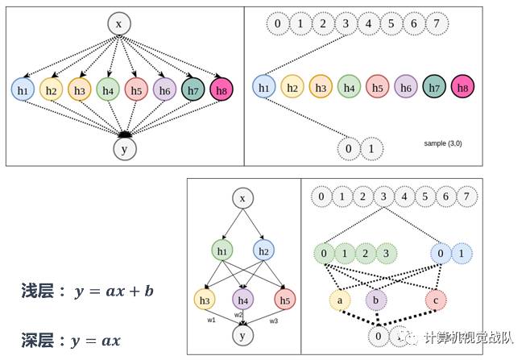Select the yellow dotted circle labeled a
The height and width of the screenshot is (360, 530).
coord(340,300)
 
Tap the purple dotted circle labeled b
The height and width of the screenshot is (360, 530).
coord(375,300)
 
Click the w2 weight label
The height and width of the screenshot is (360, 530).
coord(238,315)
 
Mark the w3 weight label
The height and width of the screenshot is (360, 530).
coord(273,321)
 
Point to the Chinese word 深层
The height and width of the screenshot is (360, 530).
coord(36,340)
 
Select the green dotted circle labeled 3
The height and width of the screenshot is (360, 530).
coord(387,253)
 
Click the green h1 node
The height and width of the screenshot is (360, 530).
coord(222,251)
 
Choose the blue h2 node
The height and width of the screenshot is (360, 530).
coord(262,251)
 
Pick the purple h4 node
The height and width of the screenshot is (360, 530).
coord(243,300)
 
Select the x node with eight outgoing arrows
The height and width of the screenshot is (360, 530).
coord(119,24)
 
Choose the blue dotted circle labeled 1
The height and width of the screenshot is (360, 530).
coord(462,253)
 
